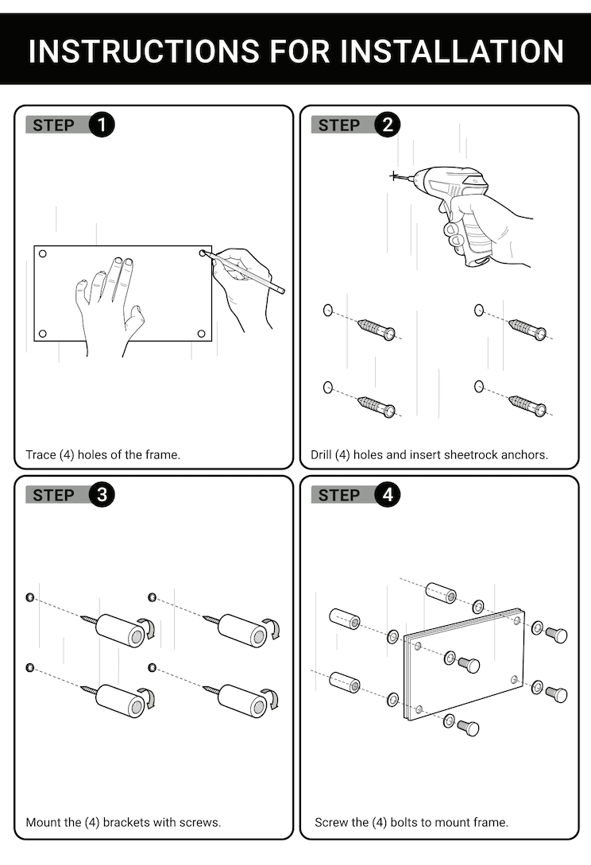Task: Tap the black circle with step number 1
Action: (102, 125)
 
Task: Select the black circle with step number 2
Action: (388, 125)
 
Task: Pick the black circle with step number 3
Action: (102, 495)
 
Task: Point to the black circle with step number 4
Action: (388, 495)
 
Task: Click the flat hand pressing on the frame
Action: (111, 306)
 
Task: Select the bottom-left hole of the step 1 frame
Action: (43, 334)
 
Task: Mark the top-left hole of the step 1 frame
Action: (43, 254)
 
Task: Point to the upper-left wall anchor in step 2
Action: (376, 328)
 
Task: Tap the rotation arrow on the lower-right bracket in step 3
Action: (272, 699)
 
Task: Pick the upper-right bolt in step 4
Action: (557, 635)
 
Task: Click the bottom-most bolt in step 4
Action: (469, 727)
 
